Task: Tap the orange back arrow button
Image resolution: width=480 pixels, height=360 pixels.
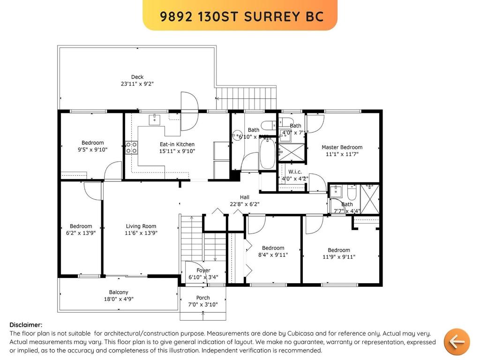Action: click(x=456, y=341)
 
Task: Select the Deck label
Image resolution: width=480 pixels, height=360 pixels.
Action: click(x=137, y=77)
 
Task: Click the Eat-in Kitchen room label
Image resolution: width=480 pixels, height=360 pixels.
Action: click(x=177, y=144)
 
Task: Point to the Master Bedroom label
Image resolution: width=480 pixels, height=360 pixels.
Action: click(x=342, y=147)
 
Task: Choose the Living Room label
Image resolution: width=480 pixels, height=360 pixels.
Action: click(x=141, y=226)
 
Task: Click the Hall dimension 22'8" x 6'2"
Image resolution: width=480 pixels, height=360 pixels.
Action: click(x=244, y=204)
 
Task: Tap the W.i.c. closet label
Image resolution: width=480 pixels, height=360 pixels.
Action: click(x=294, y=172)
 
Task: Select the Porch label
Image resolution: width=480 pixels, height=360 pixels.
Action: click(x=202, y=298)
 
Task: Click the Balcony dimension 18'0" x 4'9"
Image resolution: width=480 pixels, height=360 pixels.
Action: click(x=118, y=300)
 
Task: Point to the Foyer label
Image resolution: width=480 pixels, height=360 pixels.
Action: click(x=203, y=270)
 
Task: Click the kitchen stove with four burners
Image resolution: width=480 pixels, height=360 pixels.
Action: click(x=131, y=148)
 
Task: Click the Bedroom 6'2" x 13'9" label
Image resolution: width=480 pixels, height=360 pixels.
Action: click(x=81, y=226)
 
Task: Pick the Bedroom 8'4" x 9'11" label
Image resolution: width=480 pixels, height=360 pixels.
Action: click(x=273, y=248)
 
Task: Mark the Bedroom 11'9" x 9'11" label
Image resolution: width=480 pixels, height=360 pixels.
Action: click(x=338, y=250)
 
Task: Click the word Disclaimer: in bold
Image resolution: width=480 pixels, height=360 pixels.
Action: click(x=26, y=325)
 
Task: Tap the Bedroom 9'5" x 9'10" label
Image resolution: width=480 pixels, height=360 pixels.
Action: click(x=92, y=143)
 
